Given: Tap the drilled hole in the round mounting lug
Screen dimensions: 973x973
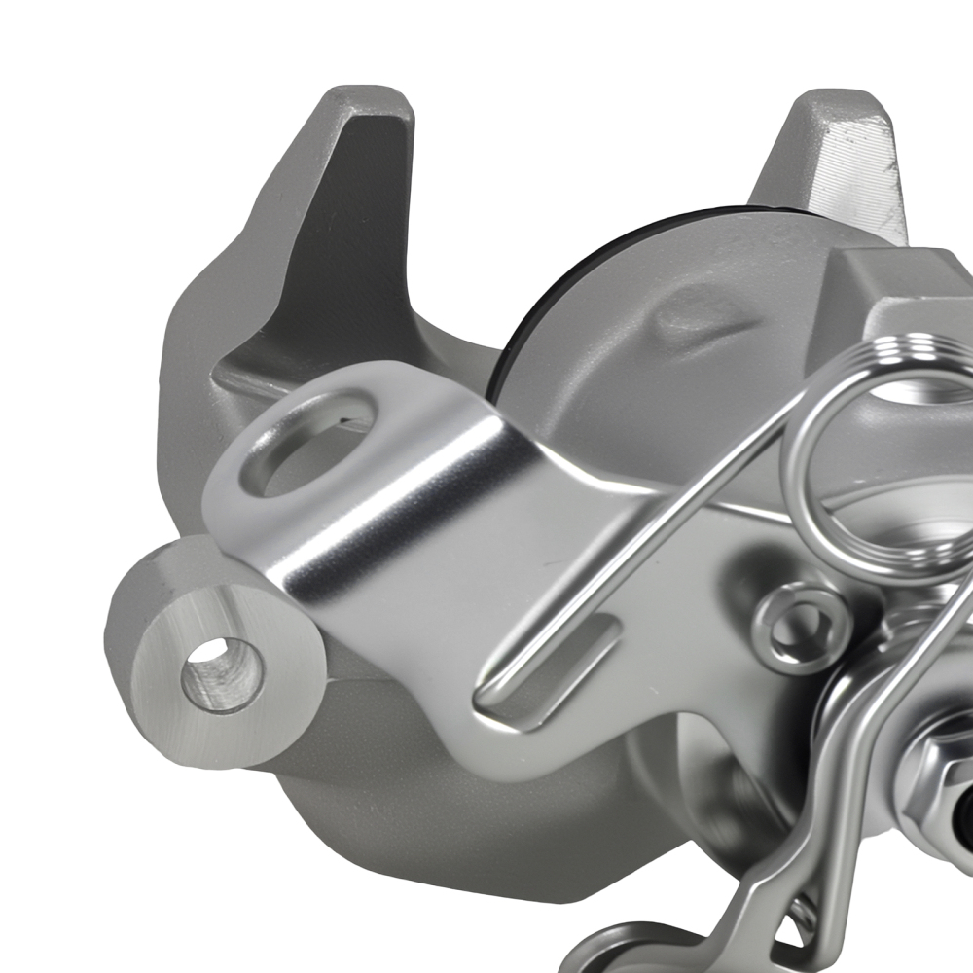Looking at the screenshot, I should coord(223,671).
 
